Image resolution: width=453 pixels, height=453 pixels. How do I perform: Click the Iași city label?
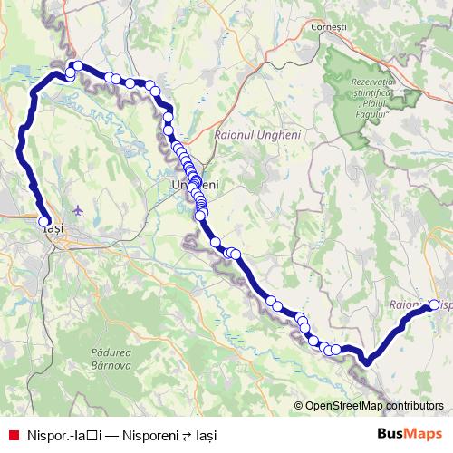pos(53,230)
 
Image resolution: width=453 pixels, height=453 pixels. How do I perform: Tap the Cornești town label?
pos(329,27)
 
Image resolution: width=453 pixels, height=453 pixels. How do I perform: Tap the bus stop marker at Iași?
pos(43,219)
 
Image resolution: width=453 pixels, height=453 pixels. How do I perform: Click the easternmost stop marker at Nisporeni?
pos(433,305)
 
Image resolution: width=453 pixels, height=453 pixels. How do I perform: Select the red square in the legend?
pos(12,435)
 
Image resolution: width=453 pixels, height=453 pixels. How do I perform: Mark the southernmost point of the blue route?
pos(367,362)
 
